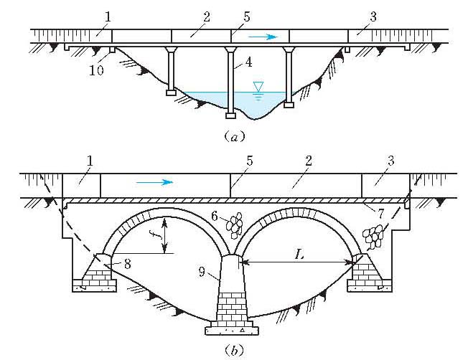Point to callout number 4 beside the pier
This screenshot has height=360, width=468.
[248, 63]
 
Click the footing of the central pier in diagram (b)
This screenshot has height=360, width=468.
[230, 331]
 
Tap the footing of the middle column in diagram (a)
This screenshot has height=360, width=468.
[230, 113]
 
